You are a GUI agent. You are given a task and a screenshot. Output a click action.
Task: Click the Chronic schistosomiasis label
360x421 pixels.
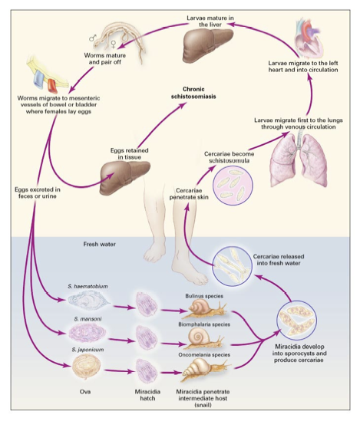[x=193, y=93]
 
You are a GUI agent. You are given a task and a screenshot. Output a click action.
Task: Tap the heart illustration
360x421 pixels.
[x=309, y=38]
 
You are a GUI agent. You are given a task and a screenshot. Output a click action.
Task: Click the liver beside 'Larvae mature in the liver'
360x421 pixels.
[x=207, y=45]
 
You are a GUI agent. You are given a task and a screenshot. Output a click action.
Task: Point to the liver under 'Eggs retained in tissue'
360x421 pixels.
[x=124, y=177]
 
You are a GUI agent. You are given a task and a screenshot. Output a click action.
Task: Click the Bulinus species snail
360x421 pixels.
[x=206, y=309]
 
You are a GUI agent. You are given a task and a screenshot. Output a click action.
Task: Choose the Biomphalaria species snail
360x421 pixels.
[x=204, y=338]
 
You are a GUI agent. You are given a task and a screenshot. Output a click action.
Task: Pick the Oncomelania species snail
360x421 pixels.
[x=206, y=370]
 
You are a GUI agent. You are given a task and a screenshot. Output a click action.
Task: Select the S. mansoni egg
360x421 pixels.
[x=88, y=333]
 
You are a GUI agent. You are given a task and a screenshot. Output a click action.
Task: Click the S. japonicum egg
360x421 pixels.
[x=87, y=367]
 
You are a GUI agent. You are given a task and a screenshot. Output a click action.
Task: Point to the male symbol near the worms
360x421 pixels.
[x=92, y=38]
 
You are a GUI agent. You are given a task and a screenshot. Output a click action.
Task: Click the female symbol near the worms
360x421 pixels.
[x=114, y=44]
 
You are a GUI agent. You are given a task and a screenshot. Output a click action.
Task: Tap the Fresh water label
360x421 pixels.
[x=100, y=244]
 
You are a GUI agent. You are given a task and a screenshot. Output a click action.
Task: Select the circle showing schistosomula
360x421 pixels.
[x=233, y=186]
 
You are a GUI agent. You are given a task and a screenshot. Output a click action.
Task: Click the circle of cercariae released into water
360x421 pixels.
[x=233, y=267]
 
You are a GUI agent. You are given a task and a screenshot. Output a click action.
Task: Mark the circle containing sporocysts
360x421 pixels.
[x=296, y=321]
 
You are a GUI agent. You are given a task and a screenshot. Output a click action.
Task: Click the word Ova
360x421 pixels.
[x=85, y=392]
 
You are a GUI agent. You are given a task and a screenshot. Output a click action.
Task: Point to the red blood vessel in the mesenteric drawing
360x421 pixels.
[x=52, y=87]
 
